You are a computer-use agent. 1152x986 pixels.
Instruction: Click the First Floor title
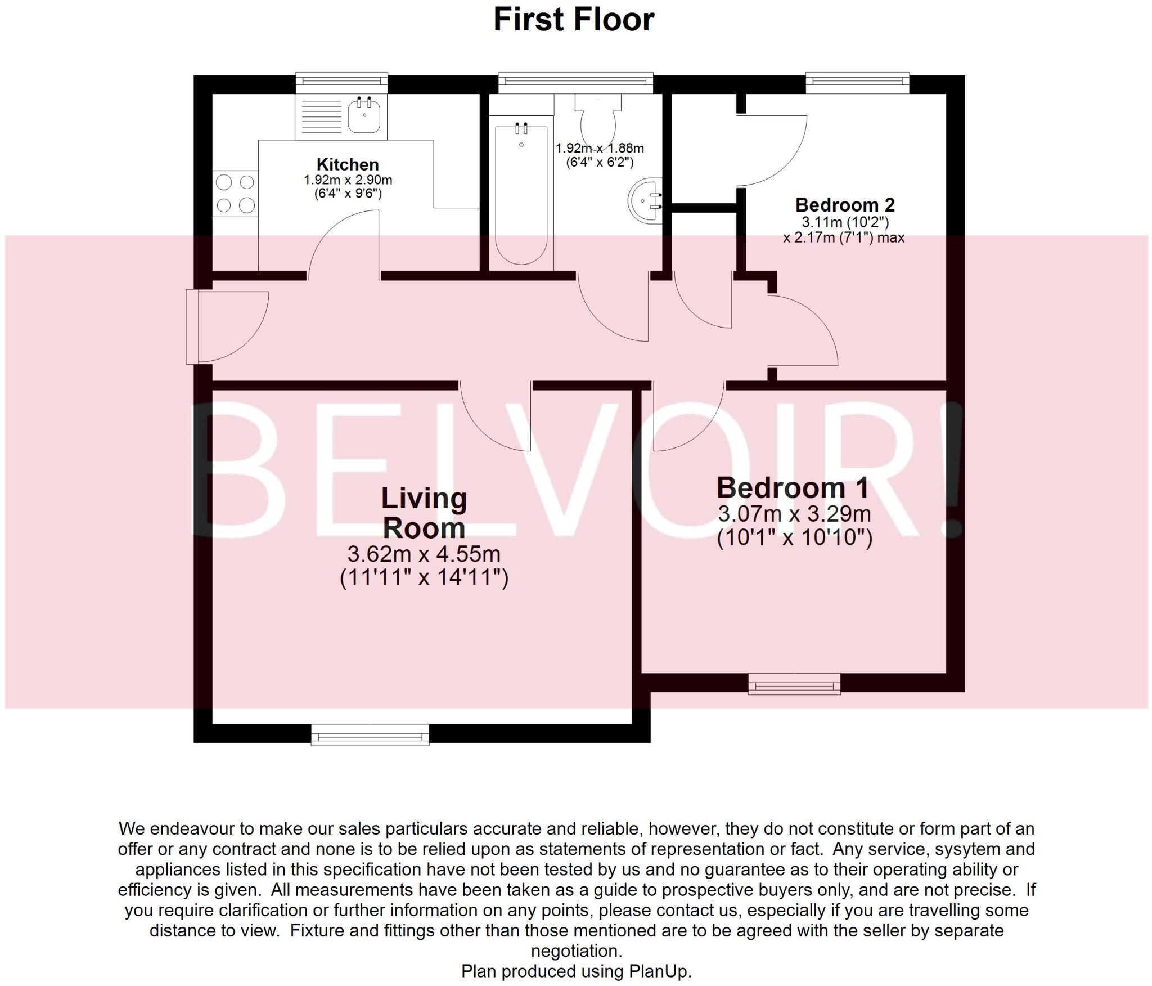[574, 20]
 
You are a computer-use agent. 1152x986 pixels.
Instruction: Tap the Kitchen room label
[348, 164]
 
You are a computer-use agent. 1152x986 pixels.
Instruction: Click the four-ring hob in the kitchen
[235, 194]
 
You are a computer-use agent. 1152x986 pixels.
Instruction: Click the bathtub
[521, 194]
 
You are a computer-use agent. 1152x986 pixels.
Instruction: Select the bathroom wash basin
[646, 201]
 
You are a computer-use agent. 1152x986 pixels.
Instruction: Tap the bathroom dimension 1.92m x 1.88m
[600, 149]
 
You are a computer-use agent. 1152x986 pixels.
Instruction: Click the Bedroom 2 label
[845, 204]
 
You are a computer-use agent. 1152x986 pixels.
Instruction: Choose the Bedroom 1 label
[793, 487]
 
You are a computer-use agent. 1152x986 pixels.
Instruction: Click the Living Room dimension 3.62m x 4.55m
[424, 554]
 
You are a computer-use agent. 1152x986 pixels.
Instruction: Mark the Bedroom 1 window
[794, 684]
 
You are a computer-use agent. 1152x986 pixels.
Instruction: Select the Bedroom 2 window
[858, 83]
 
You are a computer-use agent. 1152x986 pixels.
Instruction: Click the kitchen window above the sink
[342, 83]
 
